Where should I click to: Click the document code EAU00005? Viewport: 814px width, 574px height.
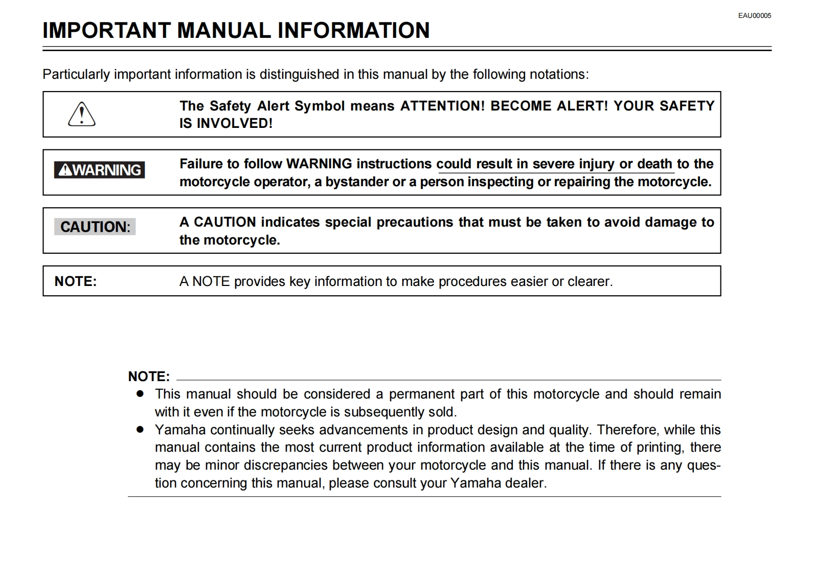754,16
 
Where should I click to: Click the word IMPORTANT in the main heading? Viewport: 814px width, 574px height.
106,31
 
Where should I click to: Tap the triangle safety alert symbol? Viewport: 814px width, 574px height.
82,114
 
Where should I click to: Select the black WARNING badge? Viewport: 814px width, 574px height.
99,170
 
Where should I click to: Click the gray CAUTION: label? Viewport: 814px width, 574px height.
95,227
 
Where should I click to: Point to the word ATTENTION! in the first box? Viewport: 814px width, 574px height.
442,106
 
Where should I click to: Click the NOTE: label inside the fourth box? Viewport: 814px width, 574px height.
76,281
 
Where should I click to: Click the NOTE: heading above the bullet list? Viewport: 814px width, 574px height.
149,377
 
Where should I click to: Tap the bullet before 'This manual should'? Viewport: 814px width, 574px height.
140,394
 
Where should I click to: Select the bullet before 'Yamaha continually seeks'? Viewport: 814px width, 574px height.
140,430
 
